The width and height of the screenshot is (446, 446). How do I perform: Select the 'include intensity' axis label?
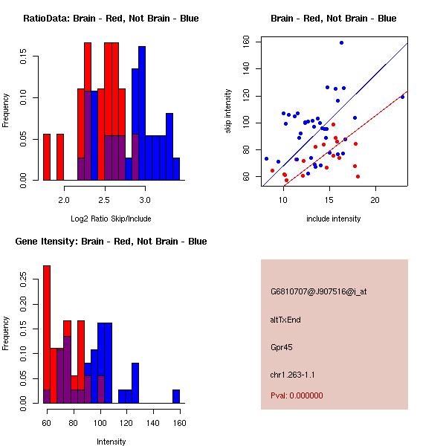[333, 219]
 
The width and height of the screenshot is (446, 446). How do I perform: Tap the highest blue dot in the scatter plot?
[341, 43]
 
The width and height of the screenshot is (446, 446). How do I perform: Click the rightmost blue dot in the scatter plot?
[402, 97]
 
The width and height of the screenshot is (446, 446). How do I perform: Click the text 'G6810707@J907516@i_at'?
[318, 291]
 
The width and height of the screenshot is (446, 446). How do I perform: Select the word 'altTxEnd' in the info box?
[285, 319]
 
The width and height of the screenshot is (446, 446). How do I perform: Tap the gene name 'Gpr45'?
[282, 346]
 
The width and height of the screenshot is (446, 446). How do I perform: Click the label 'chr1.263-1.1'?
[292, 374]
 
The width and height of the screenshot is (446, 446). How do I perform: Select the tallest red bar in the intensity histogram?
[46, 334]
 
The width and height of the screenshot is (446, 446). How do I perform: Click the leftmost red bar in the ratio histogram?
[46, 157]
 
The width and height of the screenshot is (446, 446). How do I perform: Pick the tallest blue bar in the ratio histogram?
[142, 113]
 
